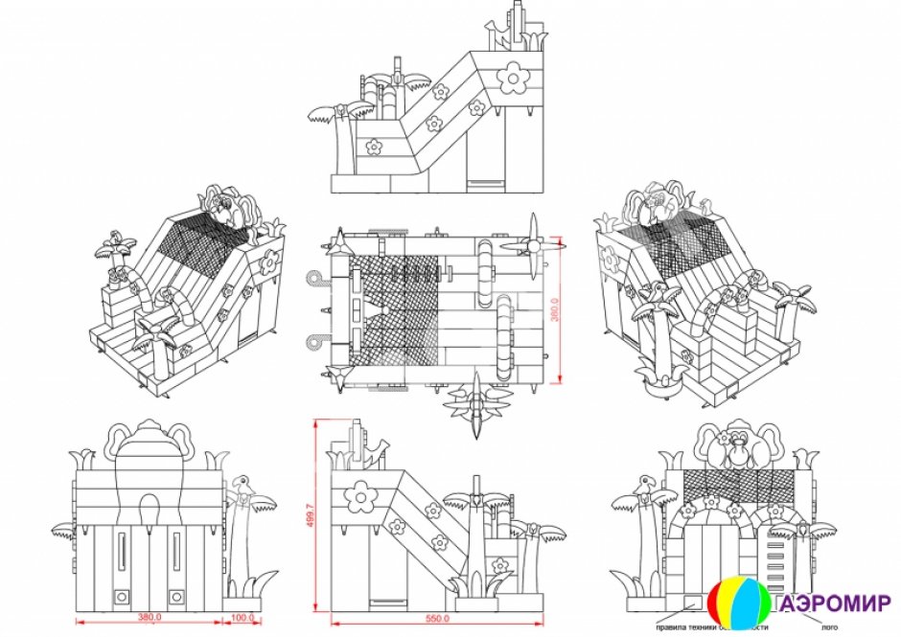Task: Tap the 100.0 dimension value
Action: pyautogui.click(x=243, y=618)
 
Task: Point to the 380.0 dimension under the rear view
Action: pyautogui.click(x=149, y=618)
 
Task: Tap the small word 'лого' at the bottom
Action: pyautogui.click(x=818, y=627)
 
